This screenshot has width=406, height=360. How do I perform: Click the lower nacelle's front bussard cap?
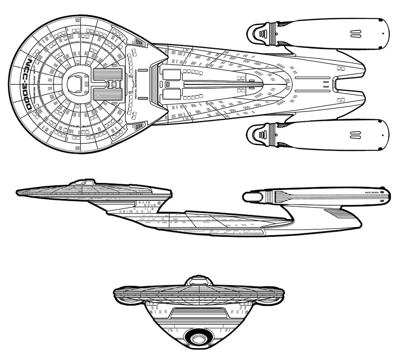(259, 134)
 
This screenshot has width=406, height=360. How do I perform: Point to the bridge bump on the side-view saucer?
(83, 182)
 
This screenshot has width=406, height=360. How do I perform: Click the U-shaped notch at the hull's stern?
(335, 84)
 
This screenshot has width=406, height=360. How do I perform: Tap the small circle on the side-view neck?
(159, 203)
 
